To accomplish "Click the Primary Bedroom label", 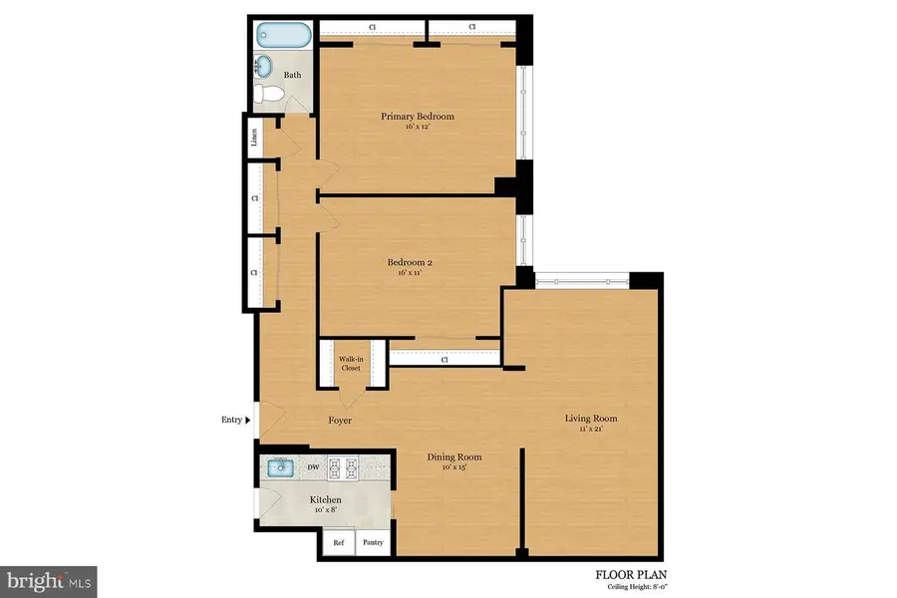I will click(418, 117).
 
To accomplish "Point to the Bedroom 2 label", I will click(410, 263).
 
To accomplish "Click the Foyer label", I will click(340, 421).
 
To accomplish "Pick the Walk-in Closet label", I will click(350, 363).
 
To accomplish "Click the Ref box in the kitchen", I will click(339, 543).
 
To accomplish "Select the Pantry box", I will click(373, 543).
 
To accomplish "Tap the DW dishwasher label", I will click(313, 466).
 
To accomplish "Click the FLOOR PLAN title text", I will click(631, 574).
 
